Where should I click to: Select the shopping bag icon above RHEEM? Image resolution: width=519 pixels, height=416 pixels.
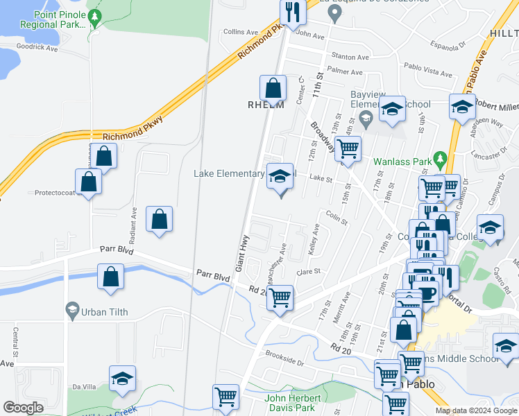coord(273,88)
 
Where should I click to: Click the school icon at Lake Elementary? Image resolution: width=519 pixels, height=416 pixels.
coord(280,176)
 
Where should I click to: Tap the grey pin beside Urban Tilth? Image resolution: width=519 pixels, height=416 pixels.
coord(71,310)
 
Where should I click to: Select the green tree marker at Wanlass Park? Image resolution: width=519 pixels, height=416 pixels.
coord(439,159)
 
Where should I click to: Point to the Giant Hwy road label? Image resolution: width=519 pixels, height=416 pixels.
coord(242,253)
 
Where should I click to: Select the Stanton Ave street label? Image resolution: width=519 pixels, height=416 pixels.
coord(350,57)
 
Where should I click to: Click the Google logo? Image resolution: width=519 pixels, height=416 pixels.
coord(23,408)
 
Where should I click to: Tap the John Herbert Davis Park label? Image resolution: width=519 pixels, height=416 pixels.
coord(293,403)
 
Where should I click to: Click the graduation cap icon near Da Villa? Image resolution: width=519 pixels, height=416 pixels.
coord(123,379)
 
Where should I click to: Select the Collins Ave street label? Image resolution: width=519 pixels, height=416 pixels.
coord(241,32)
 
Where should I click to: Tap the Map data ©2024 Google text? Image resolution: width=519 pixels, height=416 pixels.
coord(475,410)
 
